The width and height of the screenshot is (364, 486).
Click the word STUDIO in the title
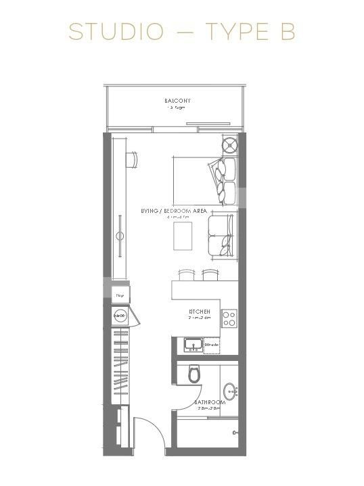click(116, 32)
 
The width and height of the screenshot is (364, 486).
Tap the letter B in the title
click(288, 32)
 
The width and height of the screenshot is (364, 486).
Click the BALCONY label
click(177, 101)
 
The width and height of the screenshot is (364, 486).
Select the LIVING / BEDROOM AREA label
click(174, 212)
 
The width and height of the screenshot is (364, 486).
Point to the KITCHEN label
click(200, 312)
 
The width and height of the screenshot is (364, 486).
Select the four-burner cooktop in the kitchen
click(229, 316)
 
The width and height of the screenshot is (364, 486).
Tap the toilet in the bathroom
click(194, 373)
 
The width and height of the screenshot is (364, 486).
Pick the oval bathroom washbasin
click(232, 390)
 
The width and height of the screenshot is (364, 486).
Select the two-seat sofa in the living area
click(221, 235)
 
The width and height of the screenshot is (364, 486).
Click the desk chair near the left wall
click(135, 159)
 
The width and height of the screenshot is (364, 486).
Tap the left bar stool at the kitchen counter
click(185, 274)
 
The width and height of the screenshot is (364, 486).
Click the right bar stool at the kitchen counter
click(208, 274)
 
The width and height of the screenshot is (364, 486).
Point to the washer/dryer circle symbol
click(120, 314)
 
